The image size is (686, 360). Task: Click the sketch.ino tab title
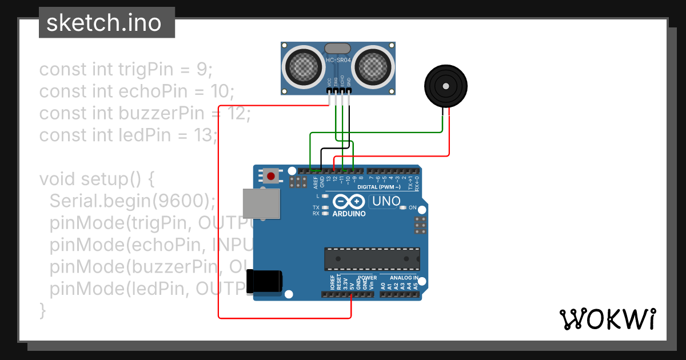tap(103, 23)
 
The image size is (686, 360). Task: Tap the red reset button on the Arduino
tap(271, 175)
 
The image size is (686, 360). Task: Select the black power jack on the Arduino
tap(264, 282)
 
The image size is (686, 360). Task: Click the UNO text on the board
tap(386, 201)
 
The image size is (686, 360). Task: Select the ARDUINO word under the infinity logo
tap(349, 214)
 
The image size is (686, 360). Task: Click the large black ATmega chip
tap(372, 258)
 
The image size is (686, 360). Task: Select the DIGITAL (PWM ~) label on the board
tap(379, 187)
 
